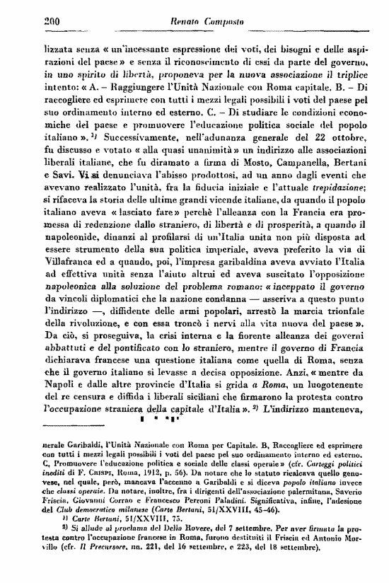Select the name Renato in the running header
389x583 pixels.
pos(186,23)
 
